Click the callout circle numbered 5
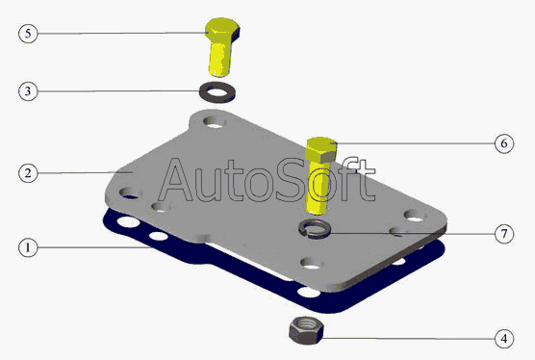(28, 34)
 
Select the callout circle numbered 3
(28, 91)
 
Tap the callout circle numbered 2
(28, 173)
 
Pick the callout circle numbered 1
(28, 247)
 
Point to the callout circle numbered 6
(504, 143)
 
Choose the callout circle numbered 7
(504, 234)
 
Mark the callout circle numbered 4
(504, 339)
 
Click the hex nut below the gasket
(306, 330)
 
